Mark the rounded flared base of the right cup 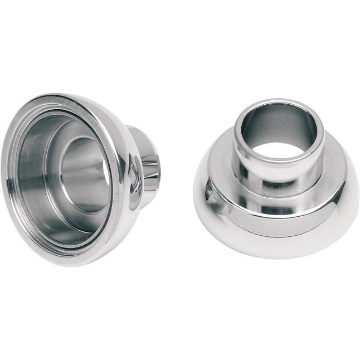click(x=279, y=240)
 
